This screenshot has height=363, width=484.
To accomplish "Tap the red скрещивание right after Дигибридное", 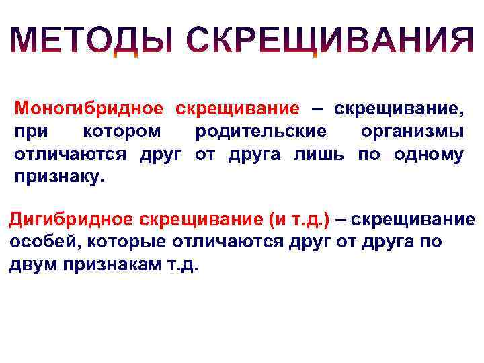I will click(202, 220).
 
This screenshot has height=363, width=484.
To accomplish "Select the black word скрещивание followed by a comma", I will click(399, 108).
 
